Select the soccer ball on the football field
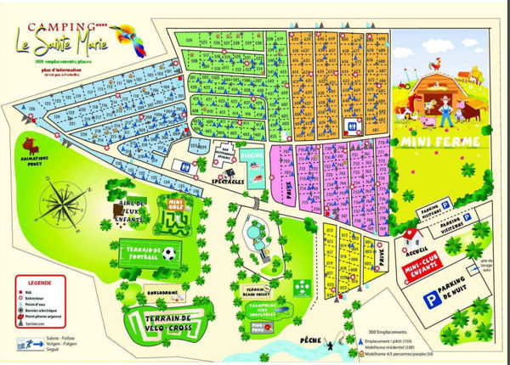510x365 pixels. pos(168,253)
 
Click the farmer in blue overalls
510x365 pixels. pos(446,111)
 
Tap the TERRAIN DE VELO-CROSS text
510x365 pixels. pos(167,321)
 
